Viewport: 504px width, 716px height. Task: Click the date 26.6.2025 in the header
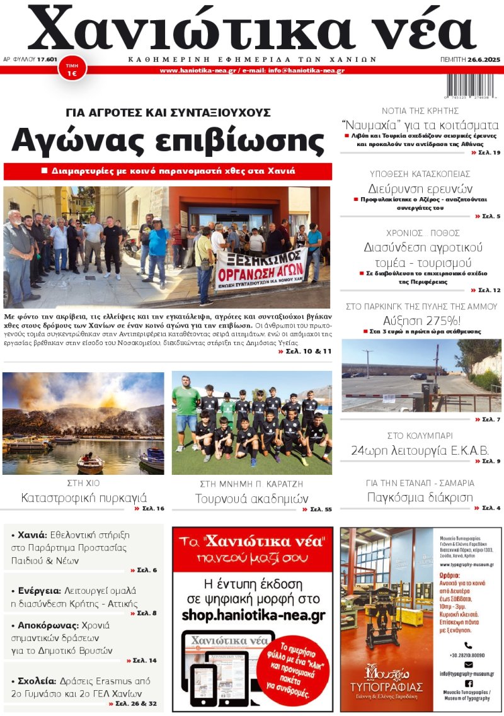483,59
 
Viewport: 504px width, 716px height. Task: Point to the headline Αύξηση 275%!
421,319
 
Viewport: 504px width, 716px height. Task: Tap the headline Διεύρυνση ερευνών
420,188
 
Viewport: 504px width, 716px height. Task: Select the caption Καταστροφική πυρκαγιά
84,497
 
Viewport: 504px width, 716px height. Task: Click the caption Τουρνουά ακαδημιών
251,499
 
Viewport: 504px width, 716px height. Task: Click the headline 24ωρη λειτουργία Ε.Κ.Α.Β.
421,450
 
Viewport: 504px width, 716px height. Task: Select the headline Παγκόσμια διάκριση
420,497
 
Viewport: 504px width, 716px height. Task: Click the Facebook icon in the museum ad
468,683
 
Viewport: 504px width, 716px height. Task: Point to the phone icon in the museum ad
468,645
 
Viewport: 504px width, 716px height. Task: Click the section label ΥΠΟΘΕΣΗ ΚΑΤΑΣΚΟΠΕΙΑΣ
420,174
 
